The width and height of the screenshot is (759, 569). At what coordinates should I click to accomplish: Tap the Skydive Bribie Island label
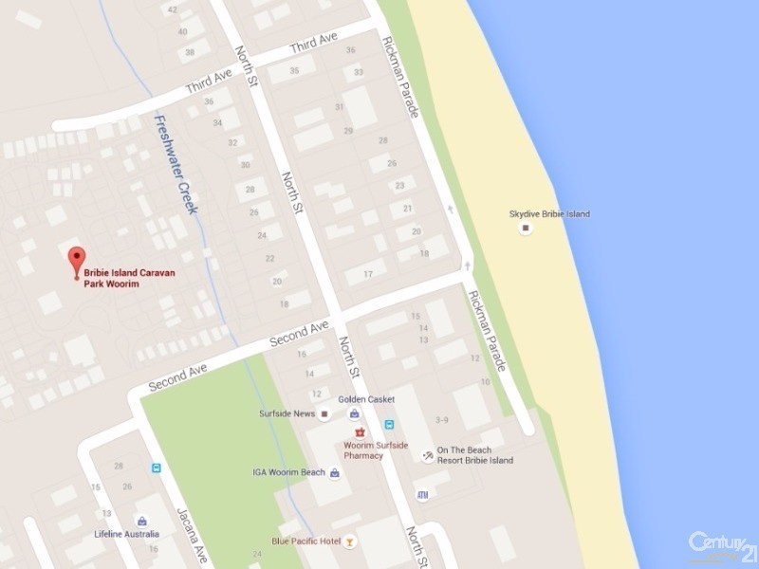pos(549,214)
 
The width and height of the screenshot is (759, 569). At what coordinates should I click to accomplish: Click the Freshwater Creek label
pos(176,163)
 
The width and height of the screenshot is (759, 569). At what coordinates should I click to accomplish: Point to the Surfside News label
pos(287,414)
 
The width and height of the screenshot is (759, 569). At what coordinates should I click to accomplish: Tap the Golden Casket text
pos(366,399)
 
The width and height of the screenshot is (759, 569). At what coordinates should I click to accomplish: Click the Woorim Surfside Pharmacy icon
pos(360,432)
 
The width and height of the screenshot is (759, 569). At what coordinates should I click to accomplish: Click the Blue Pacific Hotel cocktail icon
pos(351,541)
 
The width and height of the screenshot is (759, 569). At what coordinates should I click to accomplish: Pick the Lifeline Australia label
pos(126,534)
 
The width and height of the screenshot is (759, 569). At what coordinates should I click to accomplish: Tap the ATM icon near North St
pos(422,495)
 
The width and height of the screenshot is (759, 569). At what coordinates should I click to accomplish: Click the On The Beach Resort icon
pos(428,456)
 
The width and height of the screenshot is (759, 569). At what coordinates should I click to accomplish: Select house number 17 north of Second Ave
pos(367,275)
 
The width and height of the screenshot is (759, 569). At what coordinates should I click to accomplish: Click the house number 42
pos(172,9)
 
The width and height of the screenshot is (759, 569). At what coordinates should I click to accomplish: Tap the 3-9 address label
pos(441,419)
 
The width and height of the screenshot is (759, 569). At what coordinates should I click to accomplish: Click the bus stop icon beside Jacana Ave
pos(156,468)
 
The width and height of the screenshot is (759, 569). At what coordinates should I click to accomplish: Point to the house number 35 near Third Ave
pos(295,70)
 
